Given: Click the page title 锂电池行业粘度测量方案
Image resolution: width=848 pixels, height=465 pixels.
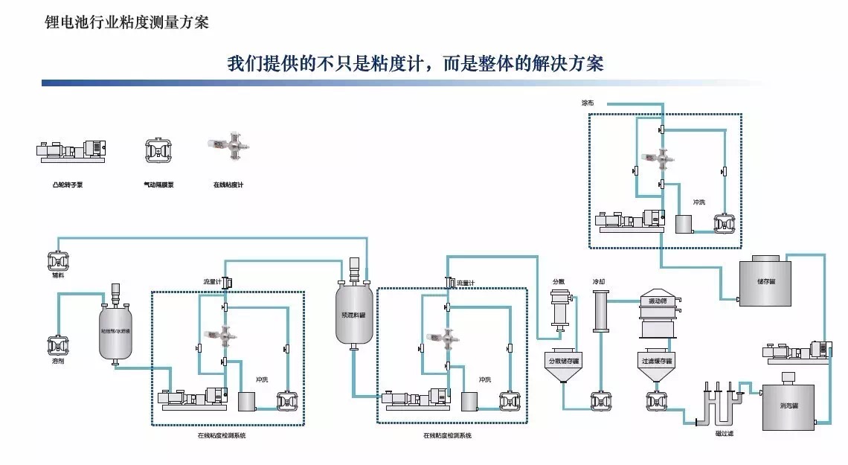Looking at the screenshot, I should (x=127, y=22).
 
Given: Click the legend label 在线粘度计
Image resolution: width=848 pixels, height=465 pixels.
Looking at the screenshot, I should (x=228, y=183).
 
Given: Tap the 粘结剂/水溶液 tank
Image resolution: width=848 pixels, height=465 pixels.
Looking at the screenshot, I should (x=115, y=331).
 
